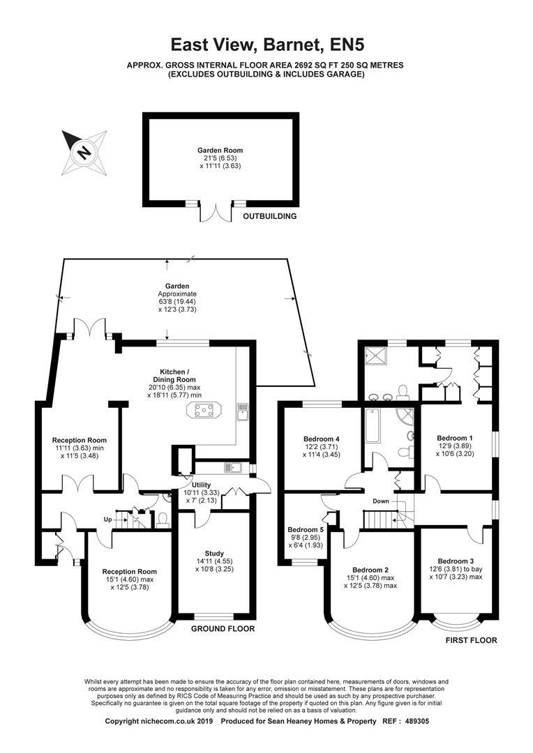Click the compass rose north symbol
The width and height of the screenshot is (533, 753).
(x=84, y=153)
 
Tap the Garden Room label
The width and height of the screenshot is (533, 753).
(x=220, y=151)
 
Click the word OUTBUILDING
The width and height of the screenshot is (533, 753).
(x=269, y=217)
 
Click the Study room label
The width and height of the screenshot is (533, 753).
(x=214, y=554)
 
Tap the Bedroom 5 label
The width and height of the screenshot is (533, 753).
(x=306, y=530)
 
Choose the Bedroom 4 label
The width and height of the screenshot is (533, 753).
(x=322, y=439)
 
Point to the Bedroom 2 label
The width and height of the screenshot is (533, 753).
(x=370, y=570)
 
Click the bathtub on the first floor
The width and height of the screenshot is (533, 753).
(x=373, y=426)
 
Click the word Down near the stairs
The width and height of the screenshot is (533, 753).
(x=381, y=501)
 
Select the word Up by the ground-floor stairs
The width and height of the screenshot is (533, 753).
(x=107, y=519)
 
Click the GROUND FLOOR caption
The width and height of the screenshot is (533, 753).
(x=223, y=629)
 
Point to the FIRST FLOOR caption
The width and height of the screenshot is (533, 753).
(x=472, y=640)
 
